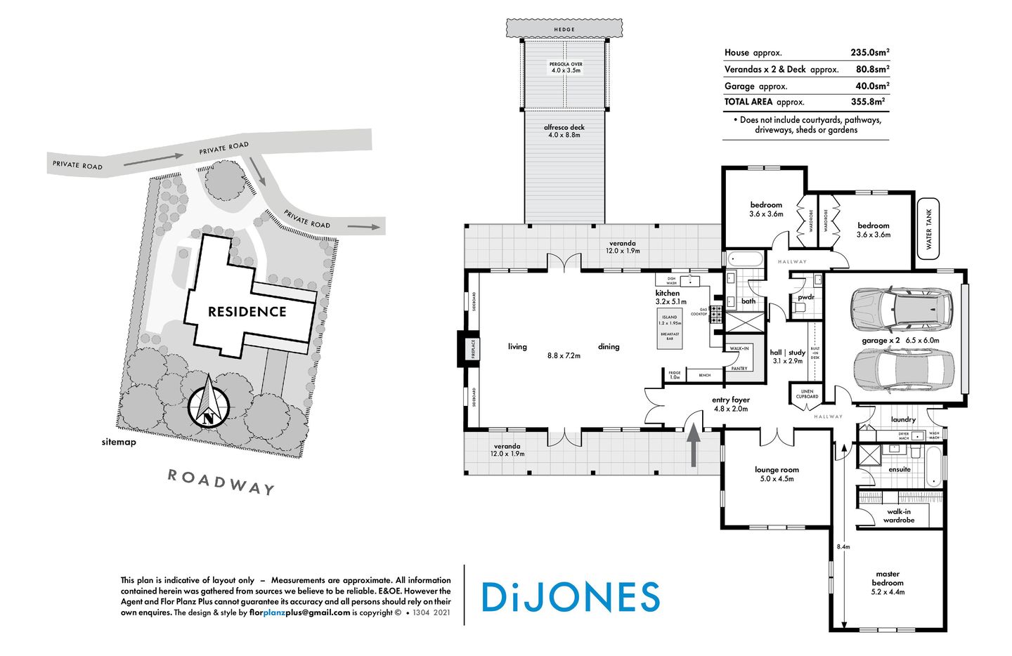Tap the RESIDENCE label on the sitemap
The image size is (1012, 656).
247,312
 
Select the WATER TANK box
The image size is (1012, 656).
928,229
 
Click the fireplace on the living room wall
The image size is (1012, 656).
469,348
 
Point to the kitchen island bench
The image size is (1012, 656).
670,328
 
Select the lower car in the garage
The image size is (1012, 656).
903,371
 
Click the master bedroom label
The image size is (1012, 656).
888,583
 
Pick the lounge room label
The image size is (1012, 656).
777,474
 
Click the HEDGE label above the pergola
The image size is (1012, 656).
564,29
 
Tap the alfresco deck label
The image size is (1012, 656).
564,131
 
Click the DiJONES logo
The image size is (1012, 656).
570,596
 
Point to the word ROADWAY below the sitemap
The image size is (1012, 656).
220,482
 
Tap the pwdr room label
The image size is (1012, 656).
805,297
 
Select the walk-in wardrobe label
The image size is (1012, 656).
899,516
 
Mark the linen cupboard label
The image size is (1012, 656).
807,394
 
